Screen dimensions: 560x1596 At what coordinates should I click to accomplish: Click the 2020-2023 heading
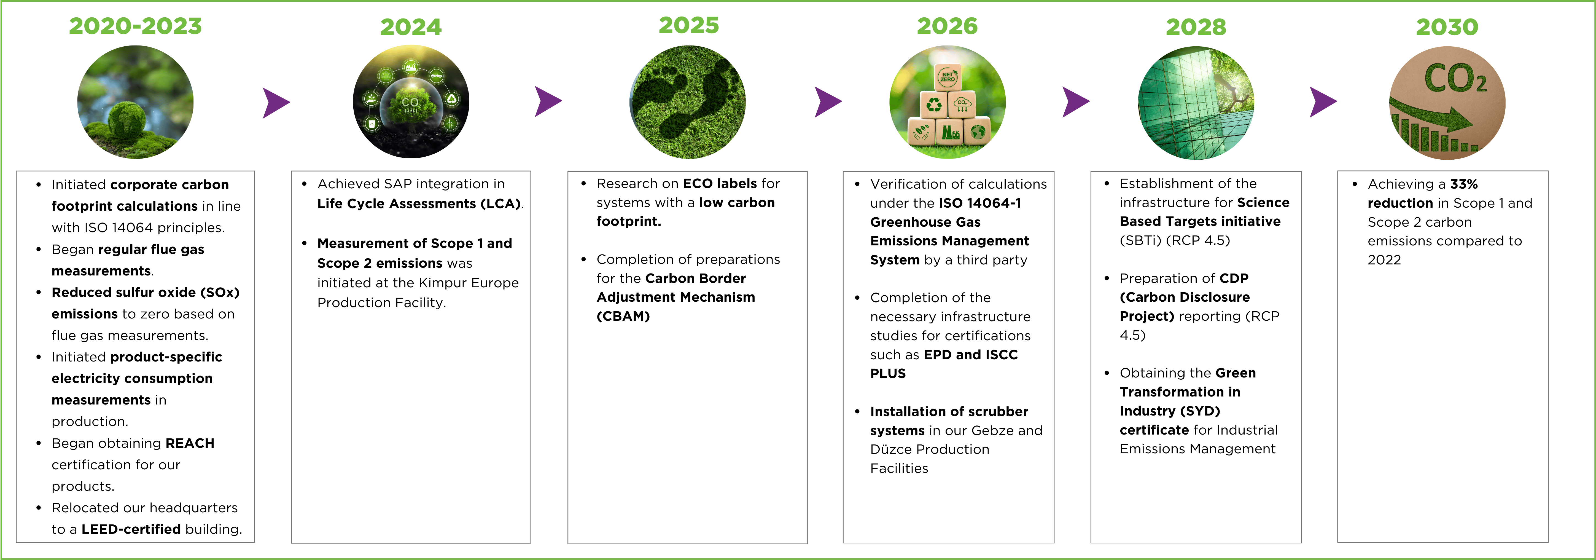coord(135,26)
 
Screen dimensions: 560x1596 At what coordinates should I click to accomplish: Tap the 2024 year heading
coord(411,27)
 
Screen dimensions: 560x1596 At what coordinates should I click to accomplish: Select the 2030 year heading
coord(1447,27)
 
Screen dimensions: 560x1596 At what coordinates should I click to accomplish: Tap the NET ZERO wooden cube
coord(947,77)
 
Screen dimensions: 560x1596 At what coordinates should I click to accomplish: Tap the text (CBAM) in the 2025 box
coord(623,316)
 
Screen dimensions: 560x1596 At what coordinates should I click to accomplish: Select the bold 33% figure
coord(1464,184)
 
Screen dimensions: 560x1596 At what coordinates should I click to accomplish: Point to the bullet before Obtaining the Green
coord(1107,373)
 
